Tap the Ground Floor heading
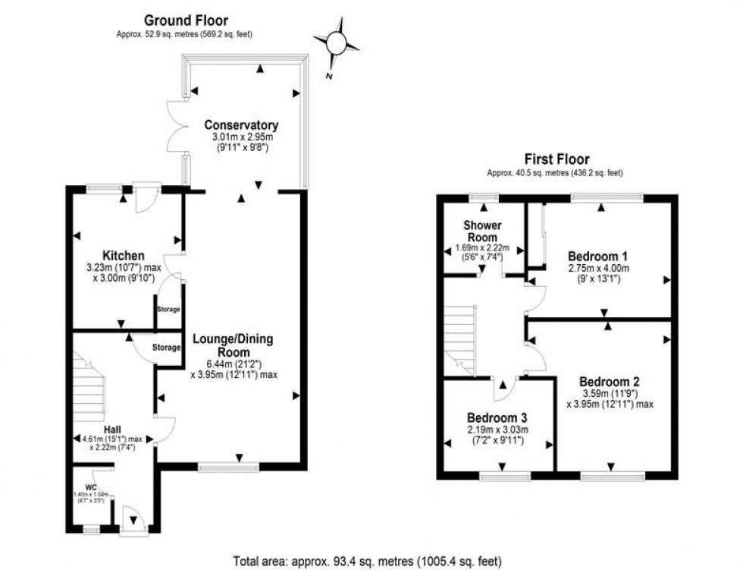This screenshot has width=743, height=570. [x=185, y=20]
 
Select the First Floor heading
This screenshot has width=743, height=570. [x=556, y=159]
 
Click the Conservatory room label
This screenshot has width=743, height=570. [x=241, y=125]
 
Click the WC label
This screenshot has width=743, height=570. [x=91, y=486]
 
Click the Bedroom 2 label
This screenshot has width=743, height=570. [x=610, y=381]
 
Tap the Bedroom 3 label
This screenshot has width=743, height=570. [x=497, y=417]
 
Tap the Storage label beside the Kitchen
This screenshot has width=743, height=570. [x=168, y=310]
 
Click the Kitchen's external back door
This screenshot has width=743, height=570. [x=144, y=199]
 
